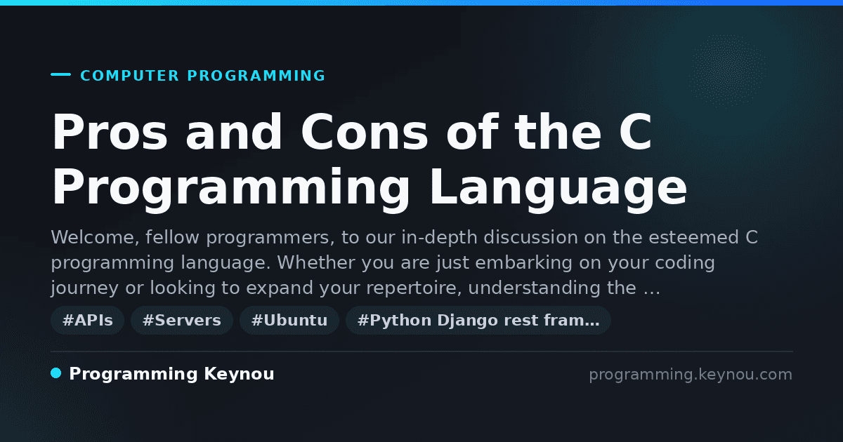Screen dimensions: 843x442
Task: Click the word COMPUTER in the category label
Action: [129, 76]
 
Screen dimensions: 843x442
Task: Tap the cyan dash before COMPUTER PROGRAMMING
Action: [60, 74]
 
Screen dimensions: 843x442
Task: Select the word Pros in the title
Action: [110, 132]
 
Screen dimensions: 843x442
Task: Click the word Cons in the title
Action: [365, 132]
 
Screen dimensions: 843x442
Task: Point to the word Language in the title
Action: [558, 188]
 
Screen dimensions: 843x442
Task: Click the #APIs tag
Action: [88, 320]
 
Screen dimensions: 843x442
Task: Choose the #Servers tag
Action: [182, 320]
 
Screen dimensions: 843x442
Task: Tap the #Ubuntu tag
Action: [289, 320]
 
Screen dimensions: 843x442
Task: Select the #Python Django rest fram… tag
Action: [478, 320]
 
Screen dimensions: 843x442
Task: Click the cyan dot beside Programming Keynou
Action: [55, 373]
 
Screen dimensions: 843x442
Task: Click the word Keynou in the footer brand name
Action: [239, 374]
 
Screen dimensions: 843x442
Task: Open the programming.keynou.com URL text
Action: [691, 375]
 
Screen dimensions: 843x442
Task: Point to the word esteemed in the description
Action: [693, 238]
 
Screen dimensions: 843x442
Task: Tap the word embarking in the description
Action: [524, 262]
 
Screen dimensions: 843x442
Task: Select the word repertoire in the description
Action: [414, 288]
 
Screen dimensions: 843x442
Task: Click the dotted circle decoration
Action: [727, 71]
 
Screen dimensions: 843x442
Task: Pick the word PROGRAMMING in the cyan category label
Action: [256, 76]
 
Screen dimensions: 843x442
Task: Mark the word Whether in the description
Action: [316, 262]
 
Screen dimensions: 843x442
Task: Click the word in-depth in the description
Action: [440, 238]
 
